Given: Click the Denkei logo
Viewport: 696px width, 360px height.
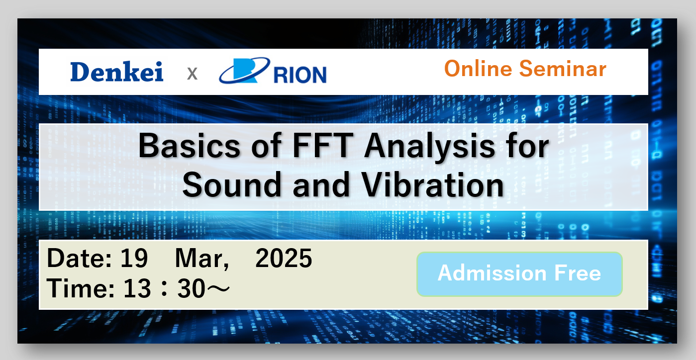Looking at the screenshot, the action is coord(117,72).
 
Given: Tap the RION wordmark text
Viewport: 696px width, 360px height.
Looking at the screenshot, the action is coord(300,75).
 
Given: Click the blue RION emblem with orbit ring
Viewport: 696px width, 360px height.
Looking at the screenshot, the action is coord(245,71).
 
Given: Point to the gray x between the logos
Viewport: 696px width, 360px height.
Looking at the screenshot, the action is coord(193,74).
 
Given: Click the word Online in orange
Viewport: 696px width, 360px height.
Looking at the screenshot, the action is coord(478,68).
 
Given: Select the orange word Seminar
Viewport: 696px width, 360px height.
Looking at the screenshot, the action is coord(563,68).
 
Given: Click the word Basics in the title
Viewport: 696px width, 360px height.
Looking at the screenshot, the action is coord(189,146).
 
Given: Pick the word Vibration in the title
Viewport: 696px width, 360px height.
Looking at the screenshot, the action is coord(433,185).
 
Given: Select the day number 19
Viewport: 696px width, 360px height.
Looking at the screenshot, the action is coord(134,258).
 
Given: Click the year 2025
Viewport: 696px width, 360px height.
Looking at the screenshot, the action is coord(284,258).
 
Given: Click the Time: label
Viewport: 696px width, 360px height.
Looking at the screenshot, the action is coord(81,288).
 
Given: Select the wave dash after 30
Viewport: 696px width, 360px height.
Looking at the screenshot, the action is coord(219,288).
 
